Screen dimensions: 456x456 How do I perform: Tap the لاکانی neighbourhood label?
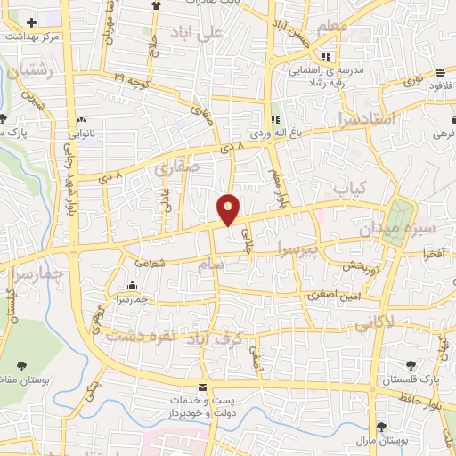[374, 325]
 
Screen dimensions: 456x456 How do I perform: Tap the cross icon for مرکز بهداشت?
[32, 21]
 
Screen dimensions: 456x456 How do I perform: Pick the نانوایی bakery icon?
[81, 119]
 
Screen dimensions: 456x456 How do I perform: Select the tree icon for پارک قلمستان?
[410, 364]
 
